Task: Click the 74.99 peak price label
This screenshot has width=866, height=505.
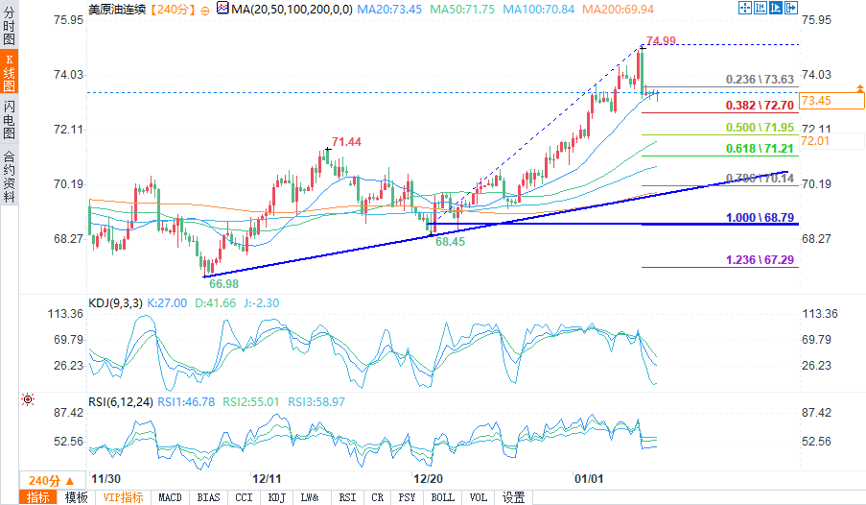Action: pyautogui.click(x=662, y=40)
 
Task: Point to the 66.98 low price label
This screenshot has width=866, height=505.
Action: pyautogui.click(x=222, y=283)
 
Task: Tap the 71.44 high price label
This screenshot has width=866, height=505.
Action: pyautogui.click(x=346, y=142)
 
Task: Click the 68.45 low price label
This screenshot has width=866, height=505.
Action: pyautogui.click(x=450, y=243)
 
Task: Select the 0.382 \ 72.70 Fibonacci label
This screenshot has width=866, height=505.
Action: pyautogui.click(x=761, y=105)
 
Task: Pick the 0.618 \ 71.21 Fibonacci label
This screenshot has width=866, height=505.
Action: pyautogui.click(x=761, y=149)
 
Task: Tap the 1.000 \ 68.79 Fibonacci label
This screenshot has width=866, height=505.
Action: pyautogui.click(x=761, y=218)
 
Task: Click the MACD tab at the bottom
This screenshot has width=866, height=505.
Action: pyautogui.click(x=170, y=497)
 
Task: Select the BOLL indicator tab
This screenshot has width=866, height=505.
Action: pyautogui.click(x=443, y=497)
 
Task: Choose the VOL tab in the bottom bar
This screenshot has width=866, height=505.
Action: pyautogui.click(x=478, y=497)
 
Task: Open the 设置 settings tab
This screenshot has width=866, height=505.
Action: pyautogui.click(x=514, y=497)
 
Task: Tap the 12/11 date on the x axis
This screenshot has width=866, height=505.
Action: pyautogui.click(x=267, y=478)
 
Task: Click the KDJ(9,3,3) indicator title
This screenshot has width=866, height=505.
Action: pyautogui.click(x=117, y=302)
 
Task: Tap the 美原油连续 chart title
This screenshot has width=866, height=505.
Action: pyautogui.click(x=118, y=9)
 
